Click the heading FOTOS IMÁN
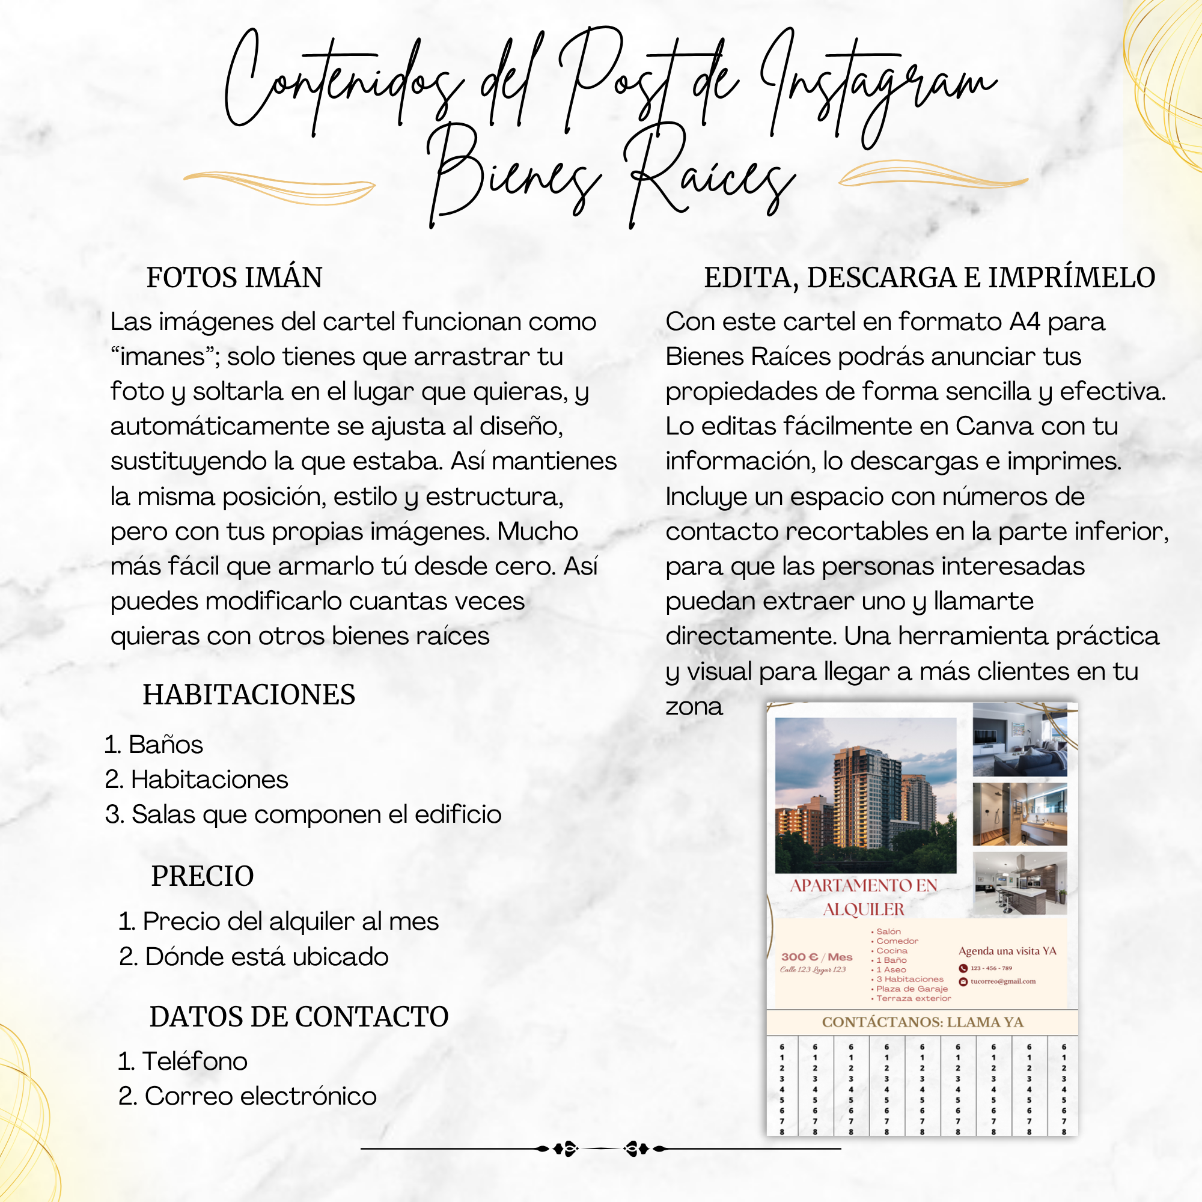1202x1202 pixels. coord(234,278)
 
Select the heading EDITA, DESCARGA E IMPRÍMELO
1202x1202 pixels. coord(929,278)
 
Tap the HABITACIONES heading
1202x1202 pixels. coord(249,694)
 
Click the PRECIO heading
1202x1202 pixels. coord(202,876)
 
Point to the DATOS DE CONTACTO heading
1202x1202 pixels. coord(299,1017)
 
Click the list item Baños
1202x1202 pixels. coord(165,745)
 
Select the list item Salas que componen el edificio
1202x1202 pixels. coord(316,814)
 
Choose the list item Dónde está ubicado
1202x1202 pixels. coord(266,957)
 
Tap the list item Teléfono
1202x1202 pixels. coord(195,1061)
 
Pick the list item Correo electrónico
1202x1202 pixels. coord(260,1096)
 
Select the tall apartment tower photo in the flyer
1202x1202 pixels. coord(865,795)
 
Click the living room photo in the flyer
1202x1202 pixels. coord(1019,740)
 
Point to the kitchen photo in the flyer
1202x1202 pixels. coord(1019,883)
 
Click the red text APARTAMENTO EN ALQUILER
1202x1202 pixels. coord(864,897)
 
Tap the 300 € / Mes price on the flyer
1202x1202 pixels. coord(816,957)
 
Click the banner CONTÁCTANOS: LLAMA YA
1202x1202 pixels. coord(922,1022)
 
